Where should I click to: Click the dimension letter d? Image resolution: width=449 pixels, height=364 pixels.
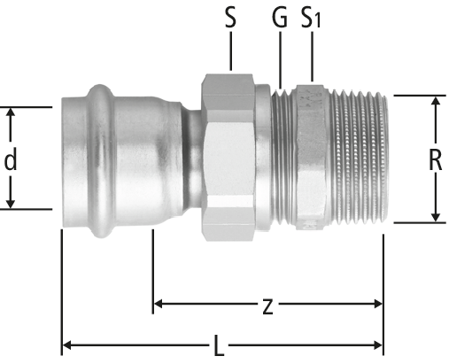tap(11, 159)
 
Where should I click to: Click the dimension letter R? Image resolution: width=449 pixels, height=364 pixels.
tap(436, 159)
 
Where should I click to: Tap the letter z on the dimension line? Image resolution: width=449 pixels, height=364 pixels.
tap(267, 306)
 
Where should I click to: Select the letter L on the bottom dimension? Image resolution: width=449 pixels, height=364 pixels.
tap(218, 345)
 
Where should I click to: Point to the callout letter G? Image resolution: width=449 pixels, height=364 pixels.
tap(280, 18)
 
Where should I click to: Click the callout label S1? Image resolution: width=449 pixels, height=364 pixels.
tap(311, 18)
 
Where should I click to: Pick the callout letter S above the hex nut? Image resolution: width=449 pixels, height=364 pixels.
tap(230, 18)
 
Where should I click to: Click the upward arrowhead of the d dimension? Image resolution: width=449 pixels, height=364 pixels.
tap(11, 112)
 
